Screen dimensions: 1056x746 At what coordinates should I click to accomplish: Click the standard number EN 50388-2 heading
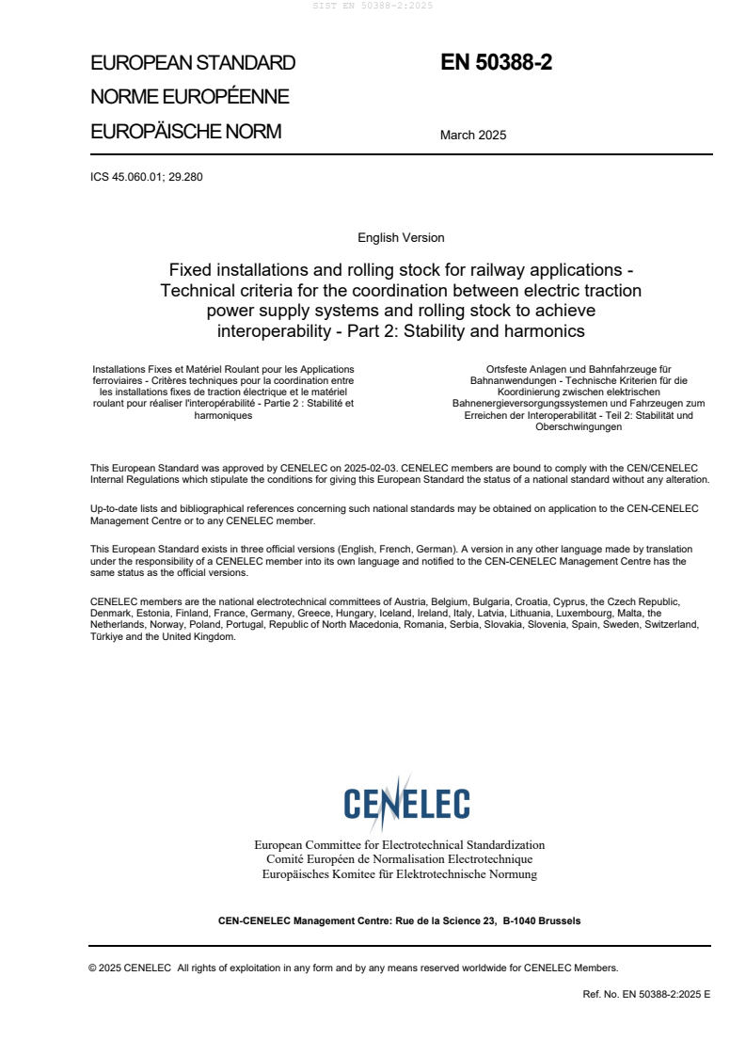[496, 63]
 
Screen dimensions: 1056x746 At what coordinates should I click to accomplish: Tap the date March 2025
[472, 135]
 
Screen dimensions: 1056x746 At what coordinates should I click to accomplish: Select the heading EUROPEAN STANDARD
[192, 64]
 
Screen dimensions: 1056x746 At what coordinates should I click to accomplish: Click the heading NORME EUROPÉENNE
[189, 97]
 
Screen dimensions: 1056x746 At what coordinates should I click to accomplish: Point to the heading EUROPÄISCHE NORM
[185, 131]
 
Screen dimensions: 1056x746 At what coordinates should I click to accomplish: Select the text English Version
[401, 238]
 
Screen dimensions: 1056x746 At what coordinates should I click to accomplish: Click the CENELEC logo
[406, 803]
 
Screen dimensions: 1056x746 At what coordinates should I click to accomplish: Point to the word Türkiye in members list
[107, 636]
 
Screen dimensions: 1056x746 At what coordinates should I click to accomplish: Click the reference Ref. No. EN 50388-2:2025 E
[646, 993]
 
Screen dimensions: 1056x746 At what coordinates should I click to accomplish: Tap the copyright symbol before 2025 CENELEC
[92, 967]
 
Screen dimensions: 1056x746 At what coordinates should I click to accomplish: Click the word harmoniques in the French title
[223, 414]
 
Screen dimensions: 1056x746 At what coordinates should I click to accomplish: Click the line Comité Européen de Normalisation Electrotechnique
[399, 859]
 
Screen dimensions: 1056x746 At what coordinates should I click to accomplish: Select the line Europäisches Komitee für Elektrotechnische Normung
[399, 873]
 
